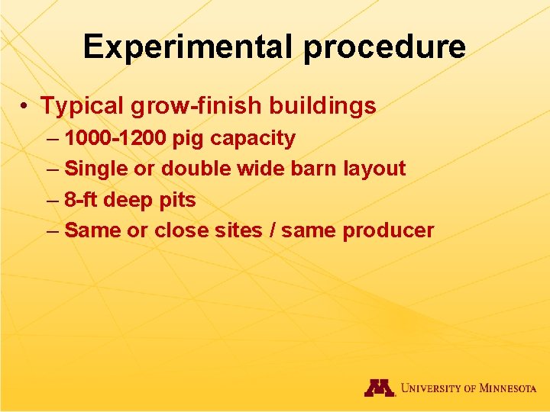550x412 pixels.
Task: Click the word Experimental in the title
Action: pos(189,47)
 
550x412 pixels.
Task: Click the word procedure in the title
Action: pos(384,47)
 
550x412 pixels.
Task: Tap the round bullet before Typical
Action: pos(25,106)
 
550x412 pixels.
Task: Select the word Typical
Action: pos(83,106)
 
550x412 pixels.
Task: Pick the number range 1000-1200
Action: pos(115,139)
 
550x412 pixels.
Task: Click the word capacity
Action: pos(253,139)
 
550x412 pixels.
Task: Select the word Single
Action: pos(92,169)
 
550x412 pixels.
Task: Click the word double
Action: pos(192,169)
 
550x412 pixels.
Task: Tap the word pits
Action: pos(178,200)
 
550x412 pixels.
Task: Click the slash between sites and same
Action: pos(272,230)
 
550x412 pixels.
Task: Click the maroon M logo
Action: pos(380,388)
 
